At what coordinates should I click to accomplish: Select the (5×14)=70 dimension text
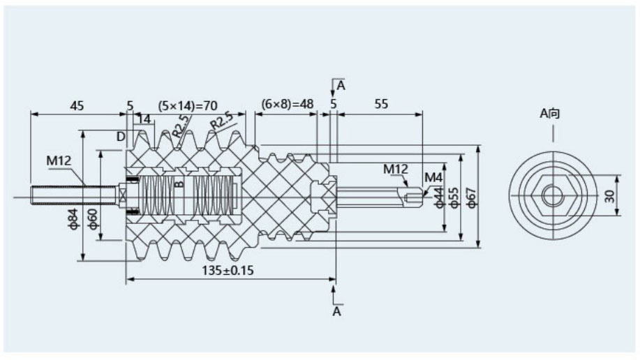coord(188,105)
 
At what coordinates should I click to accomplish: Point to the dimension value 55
coord(382,105)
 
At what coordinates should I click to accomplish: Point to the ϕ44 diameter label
coord(438,197)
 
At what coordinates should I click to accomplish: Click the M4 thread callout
coord(433,176)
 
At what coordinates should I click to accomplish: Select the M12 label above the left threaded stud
coord(59,161)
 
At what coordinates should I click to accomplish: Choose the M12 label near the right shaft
coord(395,169)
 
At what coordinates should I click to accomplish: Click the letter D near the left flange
coord(120,136)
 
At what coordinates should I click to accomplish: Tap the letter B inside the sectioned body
coord(179,184)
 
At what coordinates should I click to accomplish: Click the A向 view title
coord(550,112)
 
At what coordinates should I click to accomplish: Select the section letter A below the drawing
coord(336,312)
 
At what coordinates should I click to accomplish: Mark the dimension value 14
coord(144,119)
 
